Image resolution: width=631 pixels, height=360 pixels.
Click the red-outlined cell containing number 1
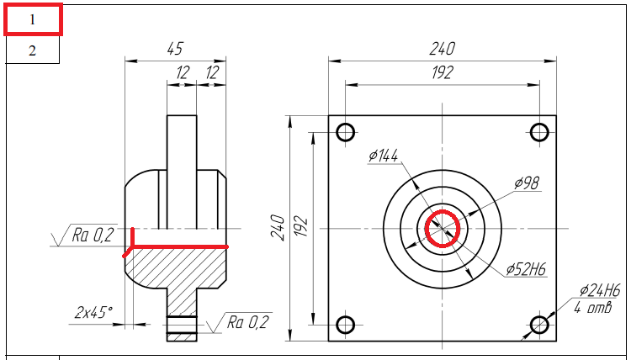(33, 19)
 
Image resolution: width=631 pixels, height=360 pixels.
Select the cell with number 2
(32, 50)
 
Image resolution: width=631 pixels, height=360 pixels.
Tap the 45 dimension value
(175, 49)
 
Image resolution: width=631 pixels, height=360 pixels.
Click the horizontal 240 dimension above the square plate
(442, 49)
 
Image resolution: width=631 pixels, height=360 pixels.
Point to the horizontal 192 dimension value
(443, 73)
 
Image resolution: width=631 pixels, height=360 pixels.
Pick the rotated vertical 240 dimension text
(278, 228)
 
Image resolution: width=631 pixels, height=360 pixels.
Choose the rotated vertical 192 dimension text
(301, 228)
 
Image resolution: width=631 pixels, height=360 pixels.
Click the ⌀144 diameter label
(383, 156)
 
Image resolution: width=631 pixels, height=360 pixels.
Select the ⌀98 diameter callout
(527, 183)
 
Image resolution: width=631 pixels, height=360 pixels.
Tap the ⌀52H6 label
(527, 269)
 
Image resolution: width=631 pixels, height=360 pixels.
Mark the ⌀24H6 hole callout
(600, 290)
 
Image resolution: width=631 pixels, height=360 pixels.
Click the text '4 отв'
(593, 308)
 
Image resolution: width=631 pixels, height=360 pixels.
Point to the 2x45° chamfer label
(93, 313)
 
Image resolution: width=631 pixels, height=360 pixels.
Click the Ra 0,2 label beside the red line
(93, 236)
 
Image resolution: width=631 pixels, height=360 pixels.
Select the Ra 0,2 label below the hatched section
(247, 322)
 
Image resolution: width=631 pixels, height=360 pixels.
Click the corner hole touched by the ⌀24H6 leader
(539, 325)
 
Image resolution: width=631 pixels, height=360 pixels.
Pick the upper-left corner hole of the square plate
(345, 132)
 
